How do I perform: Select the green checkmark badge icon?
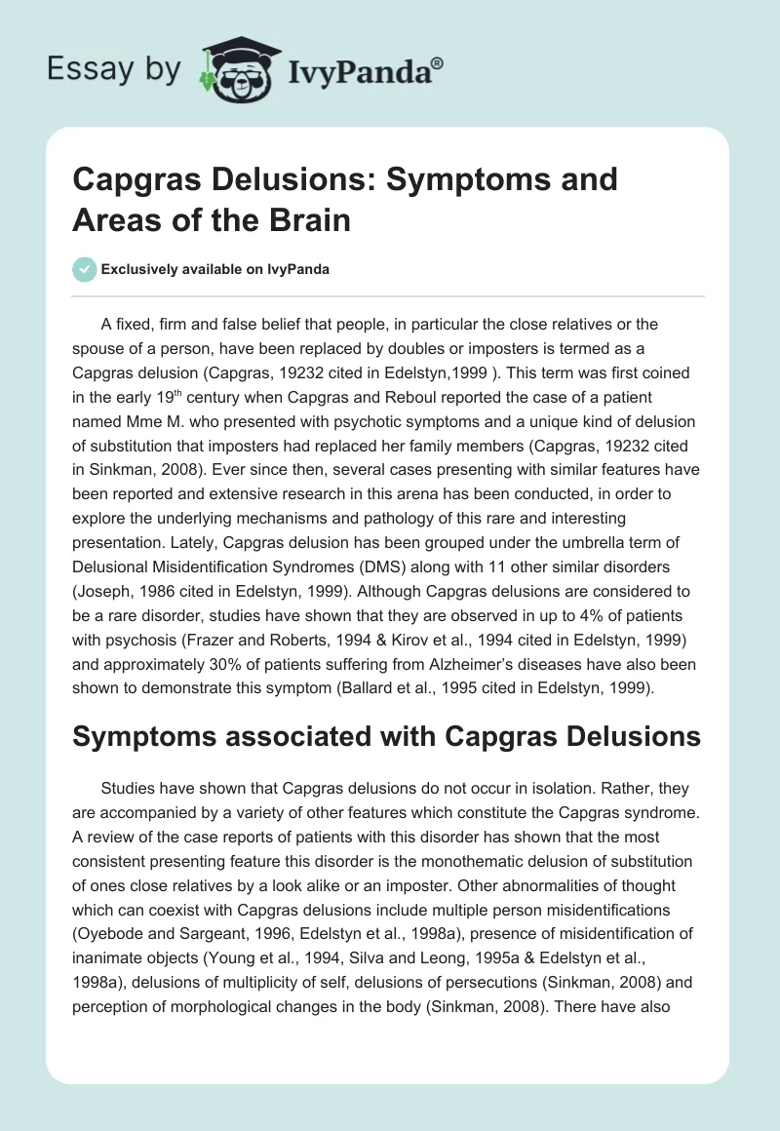(85, 269)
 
